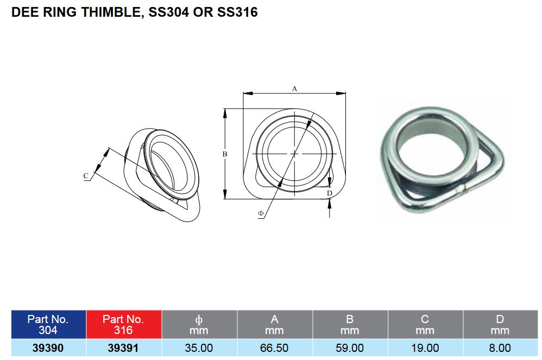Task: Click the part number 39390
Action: tap(48, 348)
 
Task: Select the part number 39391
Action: tap(123, 348)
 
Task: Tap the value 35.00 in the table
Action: tap(199, 348)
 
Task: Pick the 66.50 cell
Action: tap(274, 348)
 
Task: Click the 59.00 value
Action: tap(350, 348)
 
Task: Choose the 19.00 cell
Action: tap(425, 348)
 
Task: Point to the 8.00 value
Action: tap(500, 348)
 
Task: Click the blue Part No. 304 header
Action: tap(48, 325)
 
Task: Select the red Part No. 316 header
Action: tap(123, 325)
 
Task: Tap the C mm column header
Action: tap(425, 325)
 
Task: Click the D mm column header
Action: tap(500, 325)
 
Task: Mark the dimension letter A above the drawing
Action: tap(294, 88)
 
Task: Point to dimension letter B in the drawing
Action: tap(225, 154)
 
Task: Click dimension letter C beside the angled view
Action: tap(86, 176)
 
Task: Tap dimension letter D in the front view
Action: tap(330, 193)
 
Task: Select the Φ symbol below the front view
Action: tap(261, 214)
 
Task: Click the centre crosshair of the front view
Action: tap(294, 154)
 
